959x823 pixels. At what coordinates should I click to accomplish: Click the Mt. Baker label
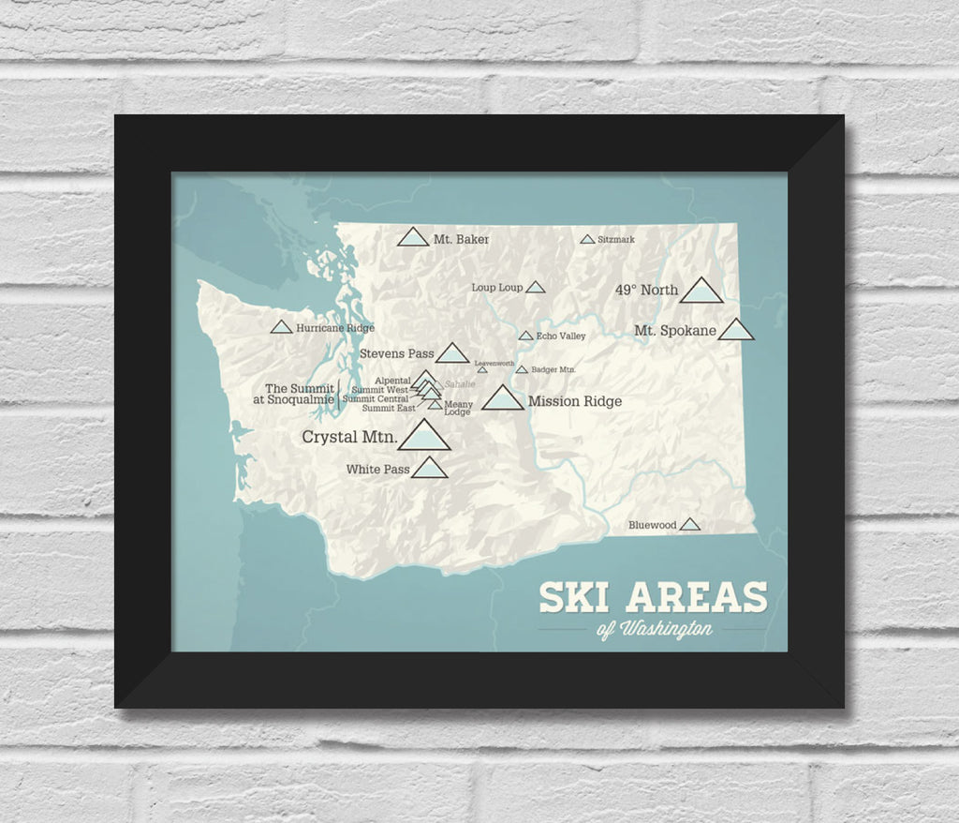tap(461, 239)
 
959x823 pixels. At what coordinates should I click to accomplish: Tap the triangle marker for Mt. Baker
tap(412, 238)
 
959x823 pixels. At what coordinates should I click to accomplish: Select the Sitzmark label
tap(615, 240)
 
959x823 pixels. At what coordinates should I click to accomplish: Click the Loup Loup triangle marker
tap(535, 288)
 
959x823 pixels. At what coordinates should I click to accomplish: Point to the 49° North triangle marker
tap(701, 292)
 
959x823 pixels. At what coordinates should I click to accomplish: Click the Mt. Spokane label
tap(674, 330)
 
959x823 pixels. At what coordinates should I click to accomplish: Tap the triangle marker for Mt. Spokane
tap(736, 330)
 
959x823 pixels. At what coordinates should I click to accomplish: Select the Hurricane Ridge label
tap(334, 328)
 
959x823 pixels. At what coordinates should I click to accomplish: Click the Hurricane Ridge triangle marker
tap(280, 328)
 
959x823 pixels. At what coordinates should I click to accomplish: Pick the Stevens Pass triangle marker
tap(452, 353)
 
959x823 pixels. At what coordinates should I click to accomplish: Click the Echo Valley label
tap(561, 336)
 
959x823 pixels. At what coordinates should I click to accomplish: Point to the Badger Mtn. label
tap(553, 370)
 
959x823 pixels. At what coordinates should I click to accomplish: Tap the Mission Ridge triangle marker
tap(503, 399)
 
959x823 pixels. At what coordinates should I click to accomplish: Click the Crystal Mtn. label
tap(349, 437)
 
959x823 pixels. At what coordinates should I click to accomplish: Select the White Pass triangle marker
tap(429, 469)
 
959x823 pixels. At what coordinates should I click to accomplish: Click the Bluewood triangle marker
tap(689, 525)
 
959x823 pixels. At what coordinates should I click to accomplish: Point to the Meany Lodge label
tap(458, 408)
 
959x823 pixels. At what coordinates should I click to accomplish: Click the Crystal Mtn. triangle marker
tap(425, 437)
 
